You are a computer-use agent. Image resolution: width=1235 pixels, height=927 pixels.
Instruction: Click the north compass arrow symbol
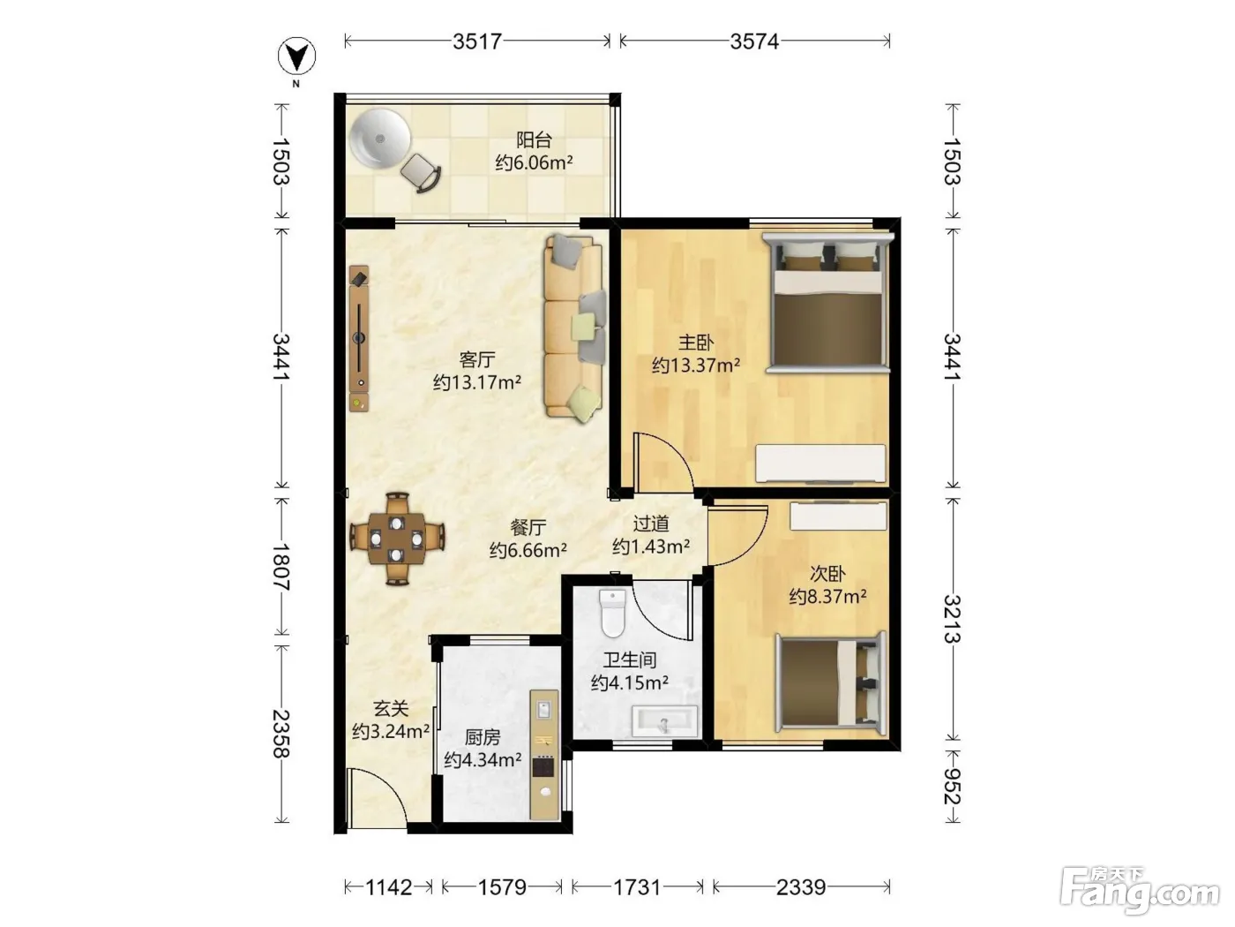point(296,56)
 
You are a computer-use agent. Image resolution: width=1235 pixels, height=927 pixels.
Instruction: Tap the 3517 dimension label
point(477,41)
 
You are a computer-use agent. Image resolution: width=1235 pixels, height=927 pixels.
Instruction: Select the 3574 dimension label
point(754,41)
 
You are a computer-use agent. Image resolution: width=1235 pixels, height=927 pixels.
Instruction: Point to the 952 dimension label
point(952,787)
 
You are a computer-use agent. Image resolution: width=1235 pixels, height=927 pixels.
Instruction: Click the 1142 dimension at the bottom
point(389,887)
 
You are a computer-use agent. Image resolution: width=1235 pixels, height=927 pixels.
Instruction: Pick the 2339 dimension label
point(801,887)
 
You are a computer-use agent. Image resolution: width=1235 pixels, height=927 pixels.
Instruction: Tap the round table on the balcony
point(380,138)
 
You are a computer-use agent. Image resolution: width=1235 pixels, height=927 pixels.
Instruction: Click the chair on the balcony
point(421,173)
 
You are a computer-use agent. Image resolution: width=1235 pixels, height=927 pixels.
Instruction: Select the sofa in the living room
point(574,328)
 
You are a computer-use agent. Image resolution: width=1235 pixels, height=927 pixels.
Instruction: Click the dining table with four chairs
point(397,539)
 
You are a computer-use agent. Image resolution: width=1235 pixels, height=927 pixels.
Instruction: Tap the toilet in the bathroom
point(613,614)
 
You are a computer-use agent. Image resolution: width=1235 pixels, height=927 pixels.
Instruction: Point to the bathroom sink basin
point(664,721)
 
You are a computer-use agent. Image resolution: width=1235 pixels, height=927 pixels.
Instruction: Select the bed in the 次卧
point(830,683)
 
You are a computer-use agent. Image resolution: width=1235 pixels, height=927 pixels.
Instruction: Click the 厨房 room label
point(483,736)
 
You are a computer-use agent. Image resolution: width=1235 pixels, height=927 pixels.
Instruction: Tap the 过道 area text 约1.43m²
point(651,546)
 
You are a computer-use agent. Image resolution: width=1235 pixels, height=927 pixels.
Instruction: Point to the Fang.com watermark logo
point(1140,890)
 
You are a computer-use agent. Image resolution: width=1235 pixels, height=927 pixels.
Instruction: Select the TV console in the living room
point(359,339)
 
